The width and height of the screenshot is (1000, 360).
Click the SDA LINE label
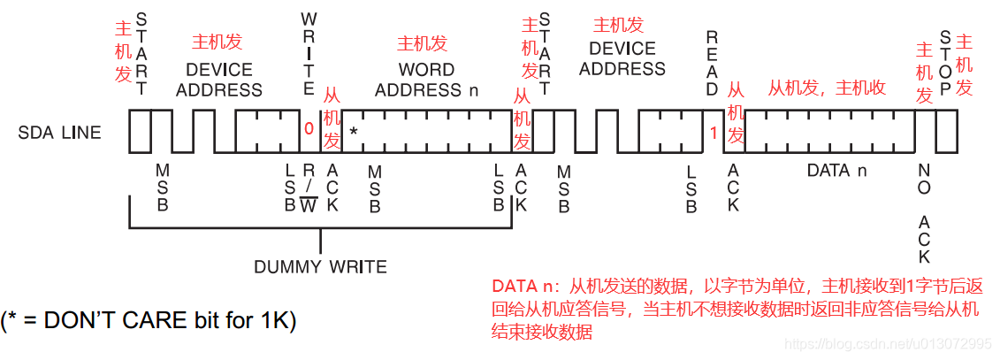click(59, 133)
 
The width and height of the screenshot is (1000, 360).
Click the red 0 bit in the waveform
click(309, 128)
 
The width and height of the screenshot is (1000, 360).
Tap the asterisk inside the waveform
click(353, 131)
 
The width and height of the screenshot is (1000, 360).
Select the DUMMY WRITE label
click(320, 266)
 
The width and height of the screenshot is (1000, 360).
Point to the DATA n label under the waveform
click(828, 170)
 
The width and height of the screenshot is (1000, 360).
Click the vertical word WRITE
click(309, 53)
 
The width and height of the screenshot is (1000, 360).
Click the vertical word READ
click(713, 62)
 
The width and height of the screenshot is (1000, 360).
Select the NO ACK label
click(924, 212)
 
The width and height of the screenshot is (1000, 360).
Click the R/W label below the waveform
click(309, 188)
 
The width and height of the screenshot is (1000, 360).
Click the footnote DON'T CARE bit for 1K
click(149, 320)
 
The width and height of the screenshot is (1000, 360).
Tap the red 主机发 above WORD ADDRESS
click(422, 42)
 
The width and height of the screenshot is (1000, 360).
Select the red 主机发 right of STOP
click(965, 64)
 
